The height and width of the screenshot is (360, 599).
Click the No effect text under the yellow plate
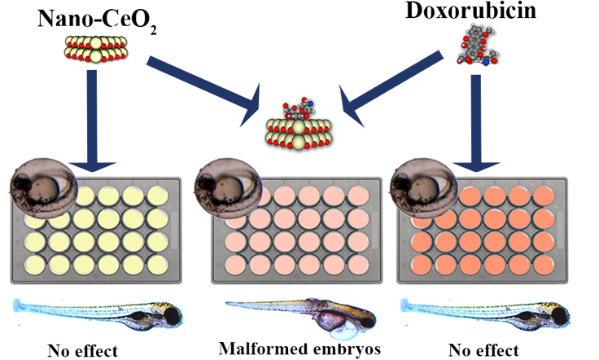point(82,351)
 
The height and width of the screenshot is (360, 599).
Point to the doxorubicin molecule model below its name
point(480,46)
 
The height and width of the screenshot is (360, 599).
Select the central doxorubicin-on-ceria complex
point(297,130)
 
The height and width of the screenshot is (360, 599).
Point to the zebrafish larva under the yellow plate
point(98,314)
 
